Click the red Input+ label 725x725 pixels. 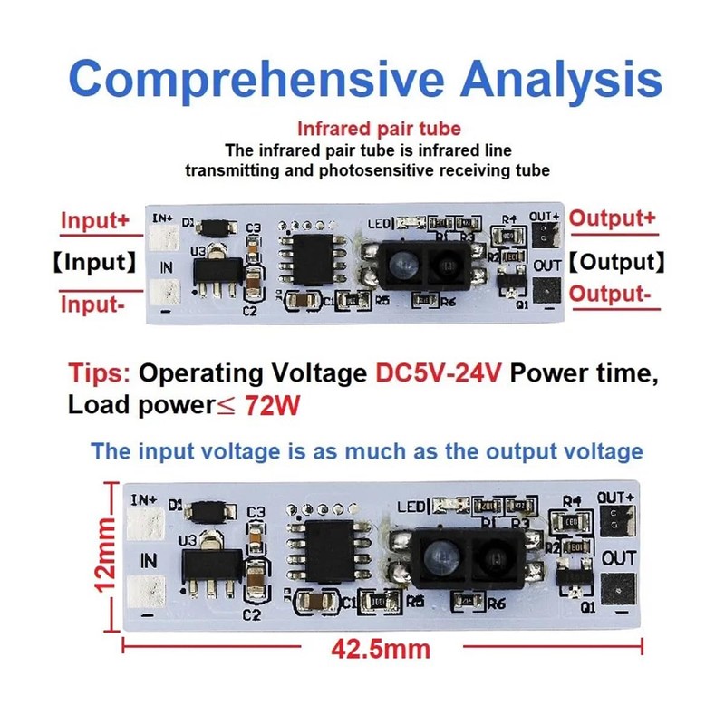click(95, 220)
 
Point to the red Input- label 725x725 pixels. click(92, 304)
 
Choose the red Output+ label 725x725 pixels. click(613, 219)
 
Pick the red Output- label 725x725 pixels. click(610, 295)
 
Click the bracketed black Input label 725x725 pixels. click(93, 263)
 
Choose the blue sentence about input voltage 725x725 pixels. click(367, 450)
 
